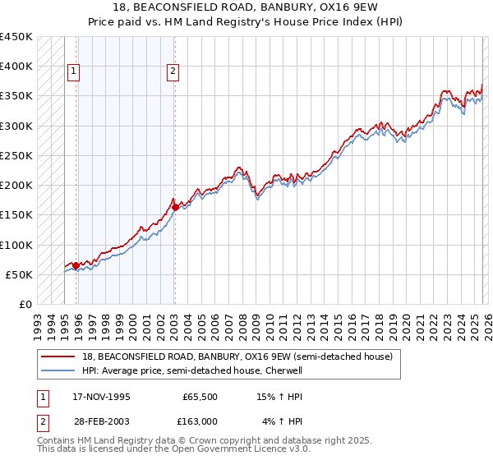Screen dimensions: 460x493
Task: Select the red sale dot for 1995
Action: tap(76, 265)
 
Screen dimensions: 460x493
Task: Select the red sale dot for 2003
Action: tap(175, 207)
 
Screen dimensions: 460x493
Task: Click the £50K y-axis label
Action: tap(20, 274)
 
